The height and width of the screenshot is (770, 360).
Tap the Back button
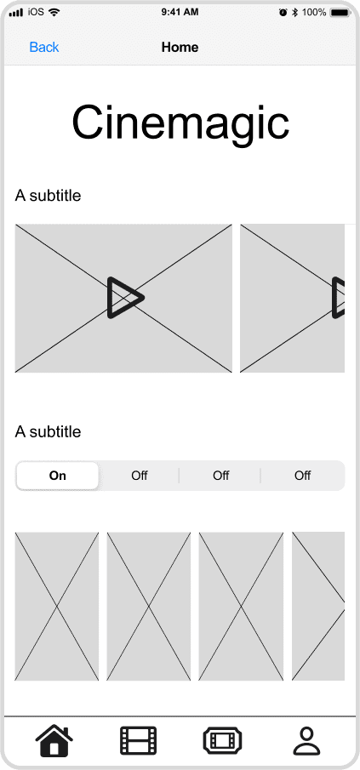(44, 47)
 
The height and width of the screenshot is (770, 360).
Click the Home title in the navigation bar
(180, 47)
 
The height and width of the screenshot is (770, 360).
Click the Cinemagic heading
(180, 123)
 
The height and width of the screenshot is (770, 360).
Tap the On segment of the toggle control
(58, 476)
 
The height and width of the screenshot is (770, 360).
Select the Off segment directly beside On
(140, 476)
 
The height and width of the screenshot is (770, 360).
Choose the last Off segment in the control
(302, 476)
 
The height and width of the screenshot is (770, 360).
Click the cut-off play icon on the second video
(339, 298)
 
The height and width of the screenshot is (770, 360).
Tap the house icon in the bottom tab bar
(54, 740)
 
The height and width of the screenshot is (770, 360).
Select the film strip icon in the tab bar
(138, 740)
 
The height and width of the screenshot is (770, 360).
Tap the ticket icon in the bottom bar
(221, 740)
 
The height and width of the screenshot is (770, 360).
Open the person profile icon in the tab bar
(306, 740)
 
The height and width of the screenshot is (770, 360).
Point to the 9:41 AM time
(180, 13)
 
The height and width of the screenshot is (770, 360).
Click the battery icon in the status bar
(340, 13)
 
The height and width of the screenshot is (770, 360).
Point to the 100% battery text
(314, 13)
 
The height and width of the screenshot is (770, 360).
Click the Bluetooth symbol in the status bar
(294, 13)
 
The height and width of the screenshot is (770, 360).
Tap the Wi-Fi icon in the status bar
(54, 13)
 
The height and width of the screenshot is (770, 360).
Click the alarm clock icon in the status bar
(283, 13)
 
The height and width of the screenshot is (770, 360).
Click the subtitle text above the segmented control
(49, 432)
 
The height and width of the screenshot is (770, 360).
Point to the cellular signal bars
(15, 13)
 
